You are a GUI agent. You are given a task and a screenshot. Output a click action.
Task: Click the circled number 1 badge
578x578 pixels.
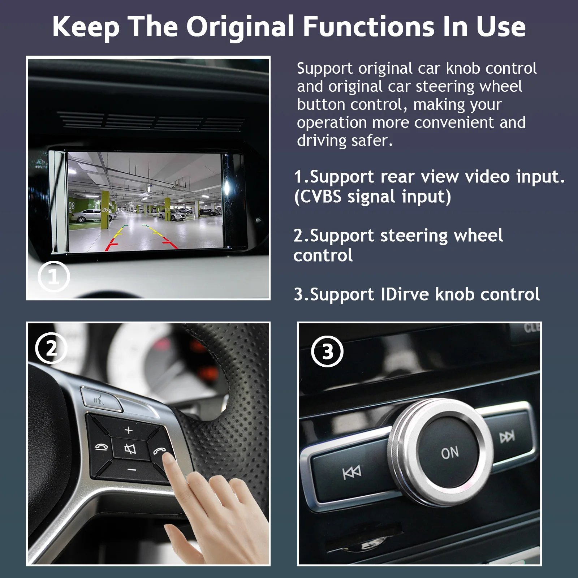point(53,277)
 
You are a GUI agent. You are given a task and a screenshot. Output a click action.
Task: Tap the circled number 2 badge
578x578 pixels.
point(51,348)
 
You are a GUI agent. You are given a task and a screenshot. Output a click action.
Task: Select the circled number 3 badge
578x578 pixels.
point(327,351)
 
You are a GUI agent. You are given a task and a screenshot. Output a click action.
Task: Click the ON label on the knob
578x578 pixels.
point(450,452)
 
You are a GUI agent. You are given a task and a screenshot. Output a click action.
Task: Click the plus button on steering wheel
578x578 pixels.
point(129,430)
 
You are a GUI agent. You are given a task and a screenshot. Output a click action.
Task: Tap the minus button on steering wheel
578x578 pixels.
point(132,470)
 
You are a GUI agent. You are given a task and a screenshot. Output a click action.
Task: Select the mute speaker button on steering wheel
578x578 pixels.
point(130,449)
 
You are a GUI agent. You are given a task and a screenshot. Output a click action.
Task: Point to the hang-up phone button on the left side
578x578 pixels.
point(101,448)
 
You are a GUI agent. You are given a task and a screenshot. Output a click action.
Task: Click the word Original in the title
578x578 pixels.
point(240,27)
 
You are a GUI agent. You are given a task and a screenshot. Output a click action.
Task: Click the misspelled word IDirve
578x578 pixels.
point(405,294)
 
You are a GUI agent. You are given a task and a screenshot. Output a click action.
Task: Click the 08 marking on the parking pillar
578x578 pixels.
point(72,206)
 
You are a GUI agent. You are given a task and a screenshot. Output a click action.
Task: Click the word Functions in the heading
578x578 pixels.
point(368,27)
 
